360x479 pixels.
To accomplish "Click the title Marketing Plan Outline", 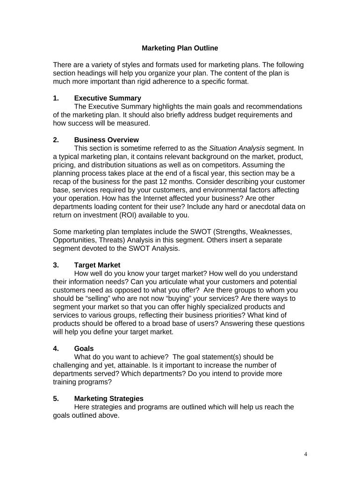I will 180,48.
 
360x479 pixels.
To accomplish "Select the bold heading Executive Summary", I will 108,98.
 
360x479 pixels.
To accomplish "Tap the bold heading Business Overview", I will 106,140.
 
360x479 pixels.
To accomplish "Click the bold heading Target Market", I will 97,265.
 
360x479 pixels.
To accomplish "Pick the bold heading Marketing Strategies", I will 108,399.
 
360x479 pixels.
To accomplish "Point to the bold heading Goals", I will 84,348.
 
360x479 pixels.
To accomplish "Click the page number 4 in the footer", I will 305,454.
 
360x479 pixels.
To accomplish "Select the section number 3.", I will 56,265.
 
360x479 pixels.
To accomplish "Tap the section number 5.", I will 56,399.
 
